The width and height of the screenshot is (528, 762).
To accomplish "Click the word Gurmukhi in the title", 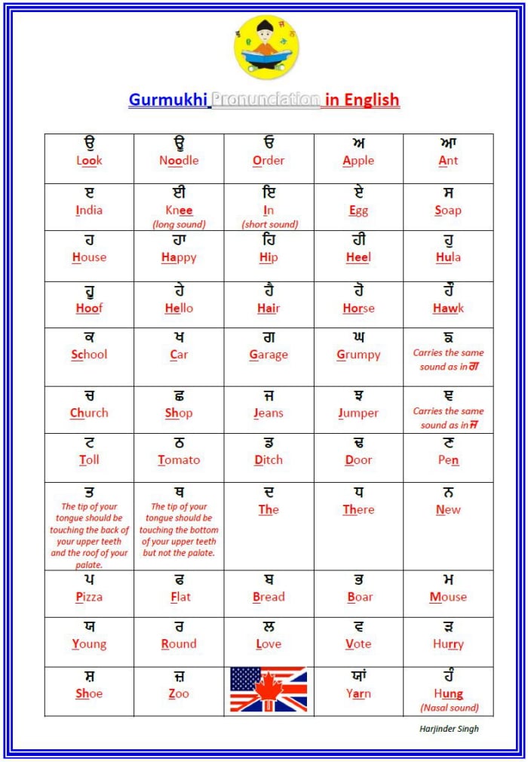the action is pos(167,100).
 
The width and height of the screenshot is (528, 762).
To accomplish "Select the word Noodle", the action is pos(179,160).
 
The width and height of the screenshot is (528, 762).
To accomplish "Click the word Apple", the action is pos(358,160).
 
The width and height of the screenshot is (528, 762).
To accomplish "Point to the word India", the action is pos(89,210).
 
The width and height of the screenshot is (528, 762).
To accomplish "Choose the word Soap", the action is pos(448,210).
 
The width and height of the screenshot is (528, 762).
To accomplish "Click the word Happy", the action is pos(179,257).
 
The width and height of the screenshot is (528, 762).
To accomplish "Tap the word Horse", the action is pos(358,308).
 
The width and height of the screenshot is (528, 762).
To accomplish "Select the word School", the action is pos(89,354).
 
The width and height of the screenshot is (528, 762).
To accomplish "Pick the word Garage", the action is pos(269,354).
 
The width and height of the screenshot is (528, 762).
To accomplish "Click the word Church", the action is pos(89,413).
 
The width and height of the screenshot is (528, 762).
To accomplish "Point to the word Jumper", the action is pos(358,413).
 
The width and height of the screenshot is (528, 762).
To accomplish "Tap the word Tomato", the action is pos(179,459).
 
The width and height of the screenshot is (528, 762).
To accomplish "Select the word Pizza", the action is pos(89,597).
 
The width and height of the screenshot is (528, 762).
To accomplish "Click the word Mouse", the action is pos(448,597).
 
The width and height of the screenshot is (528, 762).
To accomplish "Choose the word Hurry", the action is pos(448,644).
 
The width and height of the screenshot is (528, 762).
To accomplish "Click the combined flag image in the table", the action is pos(269,690).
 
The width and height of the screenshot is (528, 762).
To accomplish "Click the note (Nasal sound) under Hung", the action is pos(448,708).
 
